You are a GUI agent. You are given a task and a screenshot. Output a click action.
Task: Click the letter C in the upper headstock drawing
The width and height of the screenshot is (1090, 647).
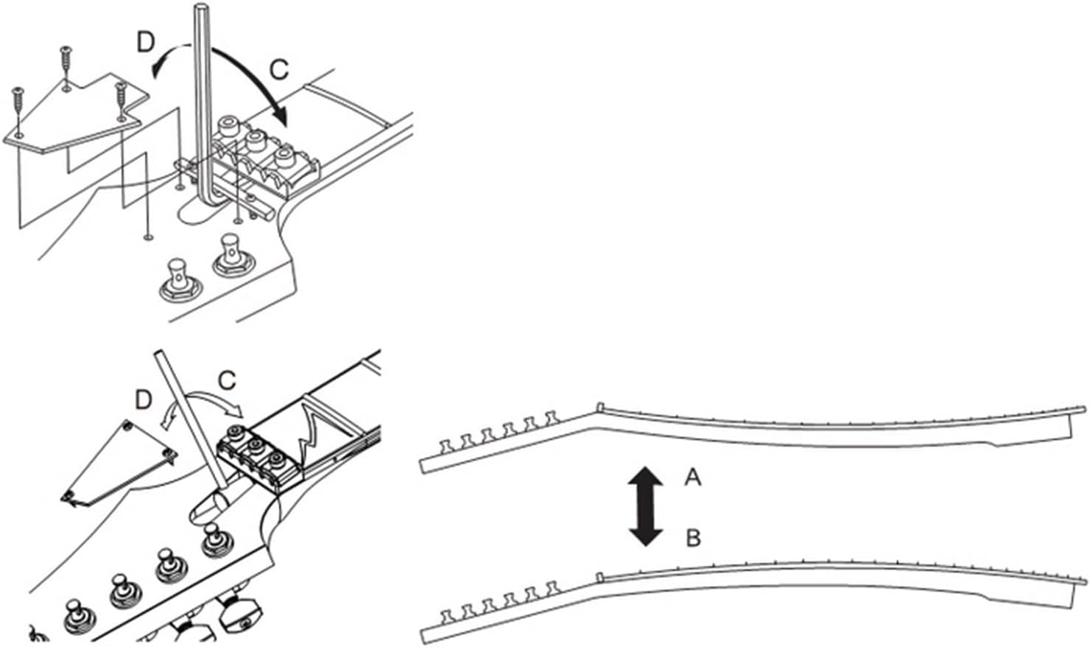(x=279, y=69)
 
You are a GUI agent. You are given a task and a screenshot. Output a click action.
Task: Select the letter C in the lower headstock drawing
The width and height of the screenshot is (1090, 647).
(x=227, y=381)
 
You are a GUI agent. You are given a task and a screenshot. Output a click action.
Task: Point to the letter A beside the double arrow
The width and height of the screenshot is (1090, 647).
(x=692, y=479)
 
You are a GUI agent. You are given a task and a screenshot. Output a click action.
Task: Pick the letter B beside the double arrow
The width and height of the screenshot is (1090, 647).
(x=692, y=539)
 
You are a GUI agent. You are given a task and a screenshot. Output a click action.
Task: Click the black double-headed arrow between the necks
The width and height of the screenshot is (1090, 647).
(x=645, y=506)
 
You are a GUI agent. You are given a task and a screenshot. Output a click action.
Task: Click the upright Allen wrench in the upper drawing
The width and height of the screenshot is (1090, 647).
(x=203, y=103)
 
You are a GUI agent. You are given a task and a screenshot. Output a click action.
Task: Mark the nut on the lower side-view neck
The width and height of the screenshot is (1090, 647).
(x=600, y=576)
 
